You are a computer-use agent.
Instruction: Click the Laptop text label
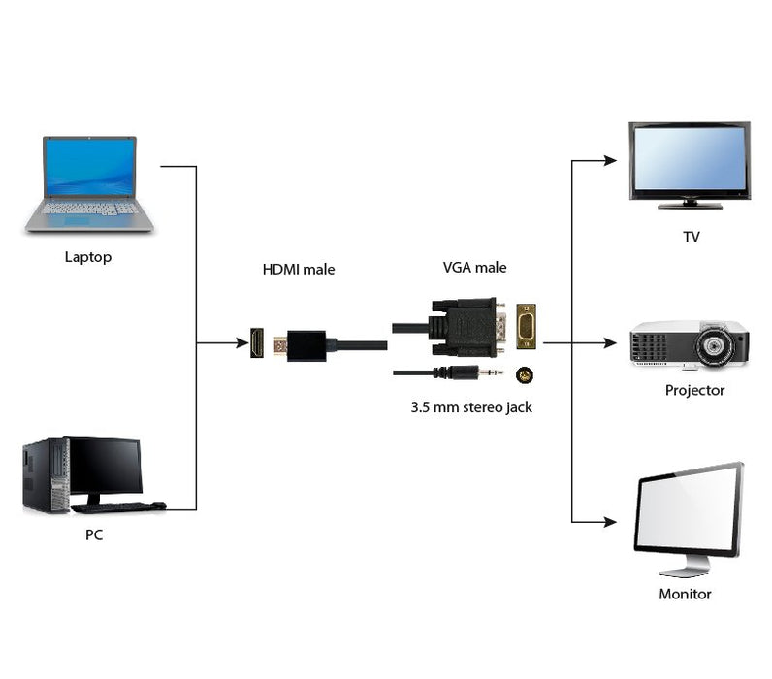[x=87, y=257]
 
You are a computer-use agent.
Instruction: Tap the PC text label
[x=93, y=534]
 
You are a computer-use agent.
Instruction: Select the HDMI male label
[x=298, y=269]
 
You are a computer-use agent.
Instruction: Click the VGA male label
[x=474, y=268]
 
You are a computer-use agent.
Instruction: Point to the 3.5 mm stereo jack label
[x=470, y=407]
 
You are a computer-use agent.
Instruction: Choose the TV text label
[x=691, y=237]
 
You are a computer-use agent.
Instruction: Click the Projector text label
[x=694, y=390]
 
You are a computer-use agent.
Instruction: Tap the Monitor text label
[x=685, y=594]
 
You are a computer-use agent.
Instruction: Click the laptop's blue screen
[x=89, y=168]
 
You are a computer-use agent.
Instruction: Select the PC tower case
[x=45, y=475]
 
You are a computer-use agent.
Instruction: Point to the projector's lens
[x=716, y=345]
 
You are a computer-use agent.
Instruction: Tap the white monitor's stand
[x=683, y=566]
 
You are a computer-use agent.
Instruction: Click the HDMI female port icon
[x=257, y=342]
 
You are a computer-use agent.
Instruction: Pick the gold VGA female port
[x=526, y=327]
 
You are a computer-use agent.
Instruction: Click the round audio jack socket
[x=525, y=374]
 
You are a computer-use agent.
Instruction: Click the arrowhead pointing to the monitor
[x=610, y=522]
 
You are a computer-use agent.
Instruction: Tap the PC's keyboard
[x=119, y=506]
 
